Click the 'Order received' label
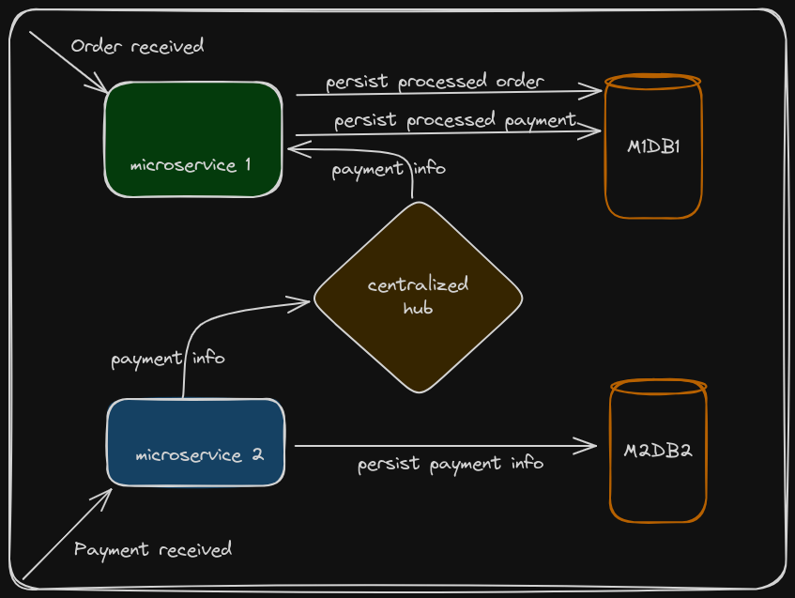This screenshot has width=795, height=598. click(x=137, y=46)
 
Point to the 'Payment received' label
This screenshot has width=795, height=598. click(x=153, y=549)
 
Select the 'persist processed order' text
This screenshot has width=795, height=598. click(x=435, y=82)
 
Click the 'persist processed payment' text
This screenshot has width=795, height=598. click(x=454, y=120)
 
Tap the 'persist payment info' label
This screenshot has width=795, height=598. click(x=450, y=464)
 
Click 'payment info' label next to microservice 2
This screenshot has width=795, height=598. click(x=167, y=359)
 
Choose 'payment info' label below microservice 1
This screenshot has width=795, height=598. click(x=388, y=170)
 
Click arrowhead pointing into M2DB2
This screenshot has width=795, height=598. click(x=591, y=446)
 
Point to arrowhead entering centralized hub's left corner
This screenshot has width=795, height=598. click(x=305, y=302)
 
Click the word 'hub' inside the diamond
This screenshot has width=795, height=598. click(x=418, y=307)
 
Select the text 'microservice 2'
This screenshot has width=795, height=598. click(x=199, y=455)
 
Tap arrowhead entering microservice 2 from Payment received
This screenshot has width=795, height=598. click(x=108, y=493)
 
